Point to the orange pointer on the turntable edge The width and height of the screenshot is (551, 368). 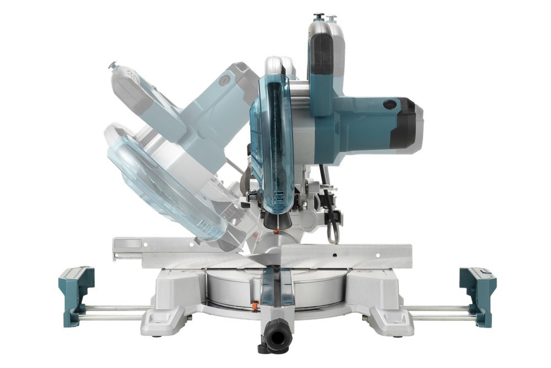255,305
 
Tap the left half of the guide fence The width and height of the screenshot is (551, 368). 165,251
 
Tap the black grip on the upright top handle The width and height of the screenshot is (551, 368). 322,55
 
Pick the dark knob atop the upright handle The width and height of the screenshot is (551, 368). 319,16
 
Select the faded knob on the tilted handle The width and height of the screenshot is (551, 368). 112,66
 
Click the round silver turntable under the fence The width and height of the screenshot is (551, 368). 320,287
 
